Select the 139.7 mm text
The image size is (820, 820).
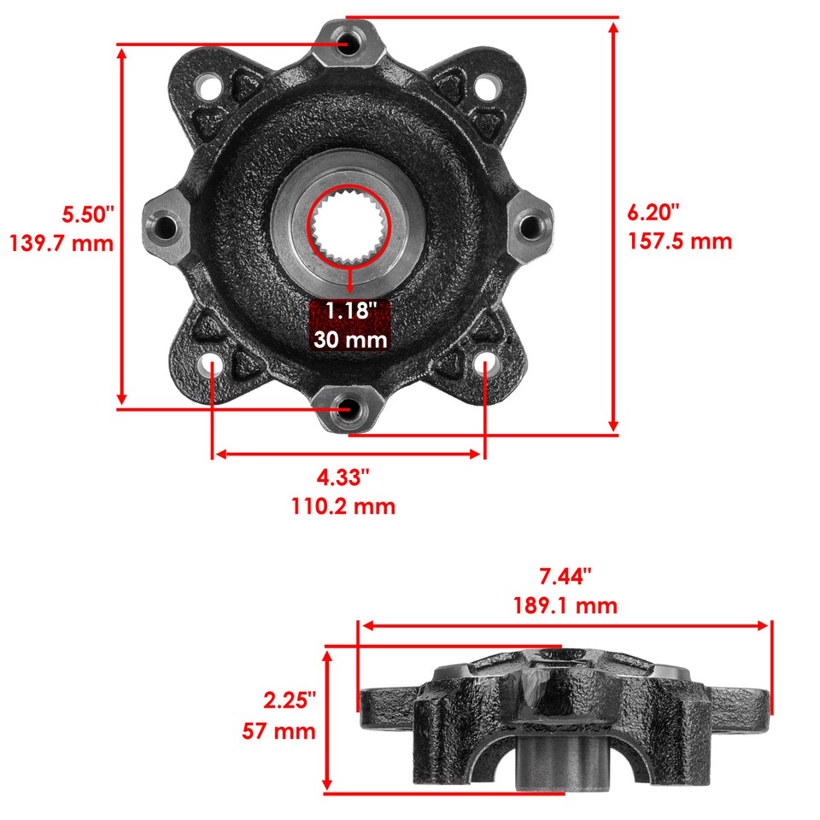61,243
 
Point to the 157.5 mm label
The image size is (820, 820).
680,241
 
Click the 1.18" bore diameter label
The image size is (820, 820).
349,309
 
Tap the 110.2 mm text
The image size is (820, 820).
343,507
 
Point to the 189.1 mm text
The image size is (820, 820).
564,606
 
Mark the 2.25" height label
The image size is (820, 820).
289,700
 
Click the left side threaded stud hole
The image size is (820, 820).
166,226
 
